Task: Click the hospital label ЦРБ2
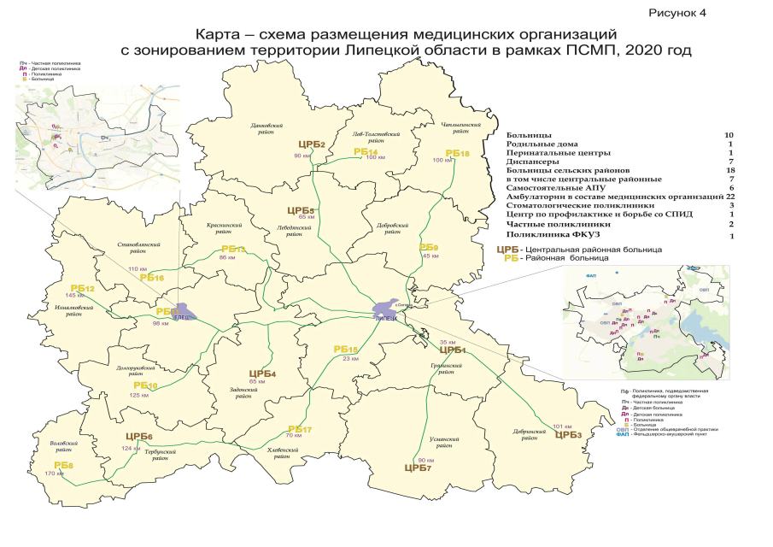click(312, 144)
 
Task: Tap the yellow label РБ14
click(366, 151)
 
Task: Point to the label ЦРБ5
click(302, 210)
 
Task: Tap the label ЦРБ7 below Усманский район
click(418, 468)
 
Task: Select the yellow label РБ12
click(82, 289)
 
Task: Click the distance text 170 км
click(54, 473)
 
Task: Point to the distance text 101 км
click(561, 426)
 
